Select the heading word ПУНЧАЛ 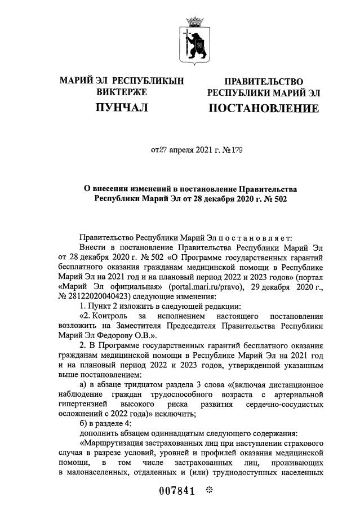click(x=121, y=107)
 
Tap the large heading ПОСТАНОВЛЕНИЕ click(x=263, y=108)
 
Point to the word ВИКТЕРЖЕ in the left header click(x=121, y=92)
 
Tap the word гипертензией click(x=82, y=405)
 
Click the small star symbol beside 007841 click(x=208, y=490)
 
